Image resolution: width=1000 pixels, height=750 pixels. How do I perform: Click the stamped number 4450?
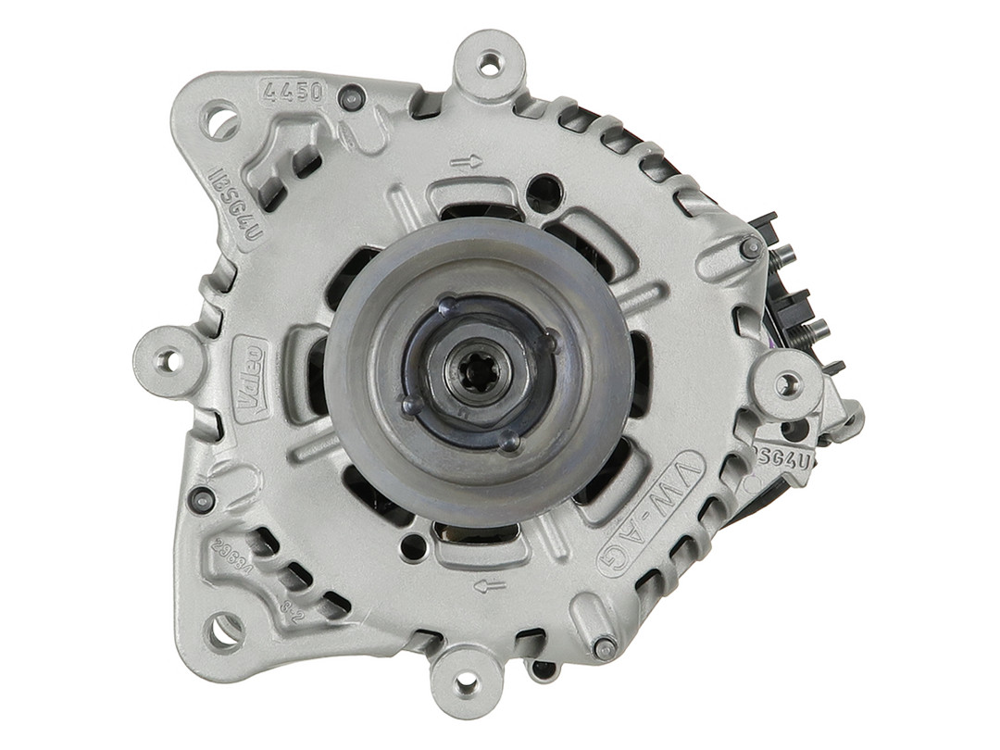click(x=294, y=92)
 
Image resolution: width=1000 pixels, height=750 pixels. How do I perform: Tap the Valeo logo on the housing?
click(x=250, y=374)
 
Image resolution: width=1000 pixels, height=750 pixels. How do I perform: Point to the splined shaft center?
click(x=477, y=370)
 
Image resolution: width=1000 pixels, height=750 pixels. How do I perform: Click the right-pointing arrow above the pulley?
click(x=467, y=162)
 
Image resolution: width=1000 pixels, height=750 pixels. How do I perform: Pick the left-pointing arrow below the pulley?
click(x=490, y=585)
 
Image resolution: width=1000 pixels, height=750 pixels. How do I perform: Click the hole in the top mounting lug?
click(x=489, y=65)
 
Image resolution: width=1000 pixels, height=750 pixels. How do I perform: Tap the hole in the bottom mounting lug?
click(x=467, y=683)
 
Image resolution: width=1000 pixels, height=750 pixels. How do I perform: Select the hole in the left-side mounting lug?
click(x=168, y=361)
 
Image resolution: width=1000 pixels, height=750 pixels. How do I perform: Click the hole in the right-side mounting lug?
click(x=787, y=383)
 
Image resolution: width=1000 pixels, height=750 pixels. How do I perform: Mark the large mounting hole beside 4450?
click(x=220, y=120)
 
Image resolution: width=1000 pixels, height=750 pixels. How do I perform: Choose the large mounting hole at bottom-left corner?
click(x=223, y=632)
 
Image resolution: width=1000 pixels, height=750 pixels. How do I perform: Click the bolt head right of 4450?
click(x=352, y=97)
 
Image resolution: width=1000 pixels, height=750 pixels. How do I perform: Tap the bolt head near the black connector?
click(x=751, y=248)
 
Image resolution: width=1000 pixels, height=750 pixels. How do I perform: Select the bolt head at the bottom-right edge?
click(x=605, y=648)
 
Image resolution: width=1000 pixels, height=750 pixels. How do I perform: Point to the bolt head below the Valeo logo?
click(x=201, y=499)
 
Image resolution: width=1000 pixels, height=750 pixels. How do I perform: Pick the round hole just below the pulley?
click(x=413, y=546)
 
